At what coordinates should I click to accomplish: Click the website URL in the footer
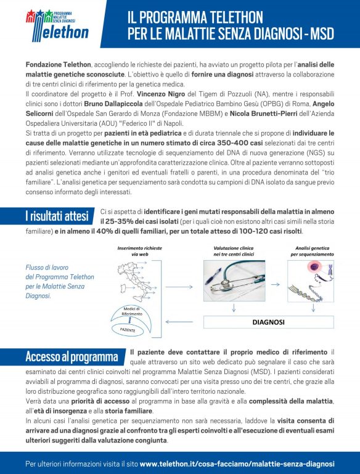click(237, 463)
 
